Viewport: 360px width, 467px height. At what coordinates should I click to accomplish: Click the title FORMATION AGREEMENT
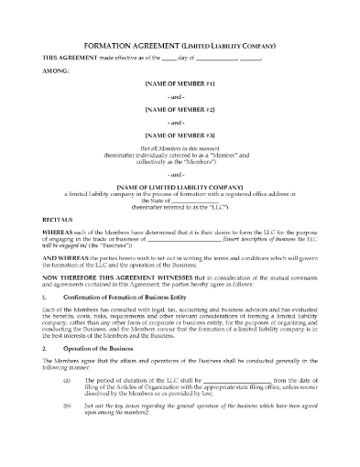click(x=138, y=44)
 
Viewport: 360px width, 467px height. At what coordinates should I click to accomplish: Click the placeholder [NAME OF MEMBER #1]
click(x=180, y=83)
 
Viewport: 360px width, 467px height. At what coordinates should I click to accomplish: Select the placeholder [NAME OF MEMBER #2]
click(x=180, y=108)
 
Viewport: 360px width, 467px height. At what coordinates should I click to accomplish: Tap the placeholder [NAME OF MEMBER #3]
click(x=180, y=133)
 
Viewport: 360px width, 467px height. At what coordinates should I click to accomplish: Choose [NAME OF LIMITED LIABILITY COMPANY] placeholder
click(x=180, y=186)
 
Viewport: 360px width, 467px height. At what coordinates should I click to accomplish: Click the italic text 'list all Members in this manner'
click(x=180, y=147)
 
